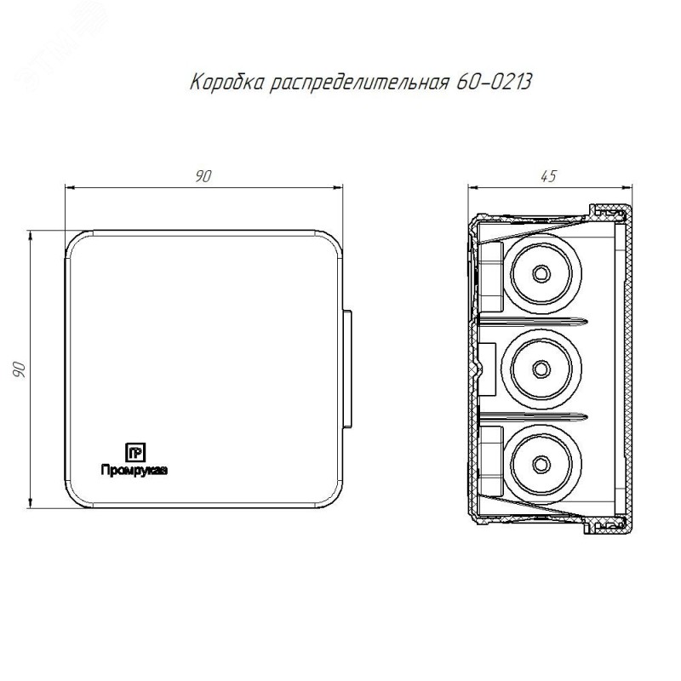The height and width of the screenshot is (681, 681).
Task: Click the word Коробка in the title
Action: click(227, 82)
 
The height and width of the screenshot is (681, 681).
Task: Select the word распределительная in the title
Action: click(358, 83)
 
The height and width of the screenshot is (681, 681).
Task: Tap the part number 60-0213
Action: click(494, 82)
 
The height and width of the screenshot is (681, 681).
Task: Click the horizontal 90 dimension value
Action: click(203, 176)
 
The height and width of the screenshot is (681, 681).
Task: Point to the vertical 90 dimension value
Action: click(19, 369)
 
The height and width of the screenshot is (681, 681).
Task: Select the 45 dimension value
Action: click(548, 176)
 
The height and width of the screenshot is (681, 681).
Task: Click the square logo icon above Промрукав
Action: click(135, 453)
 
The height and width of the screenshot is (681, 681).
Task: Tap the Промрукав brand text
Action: click(134, 471)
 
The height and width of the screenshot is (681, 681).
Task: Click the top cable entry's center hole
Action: click(541, 273)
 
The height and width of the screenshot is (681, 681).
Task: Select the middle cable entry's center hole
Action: click(541, 369)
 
